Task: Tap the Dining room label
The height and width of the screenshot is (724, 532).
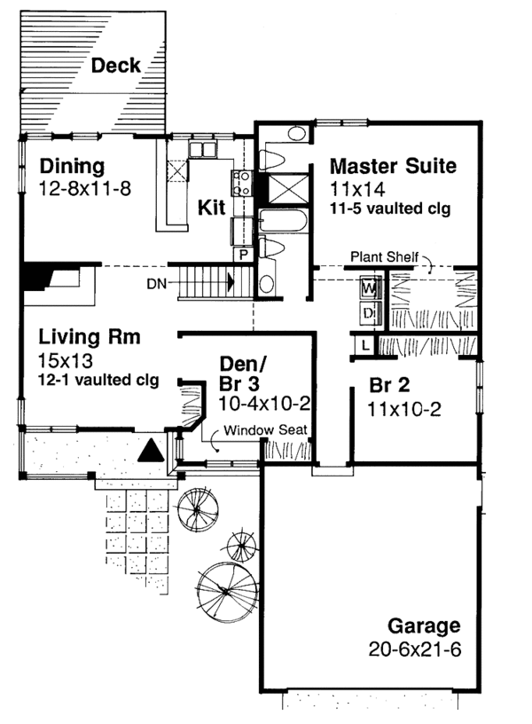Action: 73,166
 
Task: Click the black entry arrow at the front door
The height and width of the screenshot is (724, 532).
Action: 153,451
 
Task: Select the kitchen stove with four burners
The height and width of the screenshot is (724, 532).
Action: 240,184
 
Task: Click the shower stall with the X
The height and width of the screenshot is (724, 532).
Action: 286,189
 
